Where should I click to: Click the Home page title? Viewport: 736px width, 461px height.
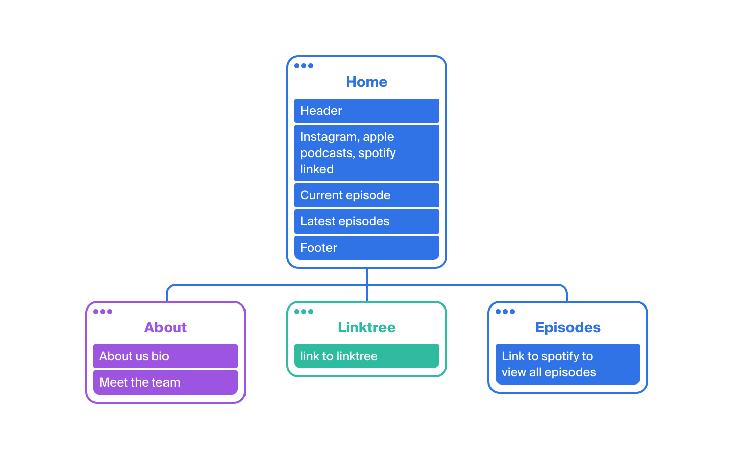click(366, 82)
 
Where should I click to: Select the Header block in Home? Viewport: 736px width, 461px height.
click(366, 111)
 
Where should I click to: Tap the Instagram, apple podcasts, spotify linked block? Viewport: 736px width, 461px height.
click(366, 153)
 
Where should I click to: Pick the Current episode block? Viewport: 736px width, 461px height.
click(366, 195)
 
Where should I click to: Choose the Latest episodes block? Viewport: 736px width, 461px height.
click(366, 221)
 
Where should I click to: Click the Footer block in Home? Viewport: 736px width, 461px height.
click(366, 248)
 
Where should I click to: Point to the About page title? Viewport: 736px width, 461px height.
click(166, 327)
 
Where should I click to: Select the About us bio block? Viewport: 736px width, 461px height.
click(166, 356)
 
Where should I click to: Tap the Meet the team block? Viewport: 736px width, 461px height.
click(166, 382)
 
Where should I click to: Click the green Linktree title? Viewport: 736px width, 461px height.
click(366, 327)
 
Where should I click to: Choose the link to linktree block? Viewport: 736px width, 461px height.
click(366, 356)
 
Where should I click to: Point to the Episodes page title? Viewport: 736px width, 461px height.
click(568, 327)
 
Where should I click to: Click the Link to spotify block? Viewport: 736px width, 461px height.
click(568, 364)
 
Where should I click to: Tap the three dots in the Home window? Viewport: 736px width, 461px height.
click(303, 66)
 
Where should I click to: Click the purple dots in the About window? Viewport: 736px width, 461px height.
click(103, 312)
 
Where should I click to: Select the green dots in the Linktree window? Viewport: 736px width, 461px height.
click(303, 312)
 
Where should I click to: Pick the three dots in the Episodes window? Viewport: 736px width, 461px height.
click(505, 312)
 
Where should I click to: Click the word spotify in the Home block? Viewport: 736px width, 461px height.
click(377, 153)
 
